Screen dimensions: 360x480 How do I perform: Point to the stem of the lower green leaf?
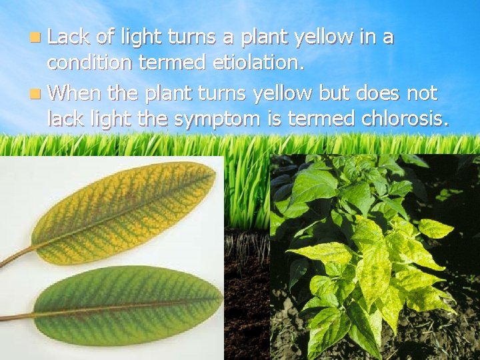(x=17, y=317)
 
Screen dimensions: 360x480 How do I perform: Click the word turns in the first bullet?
(x=193, y=37)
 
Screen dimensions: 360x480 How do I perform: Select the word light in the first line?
(x=141, y=38)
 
